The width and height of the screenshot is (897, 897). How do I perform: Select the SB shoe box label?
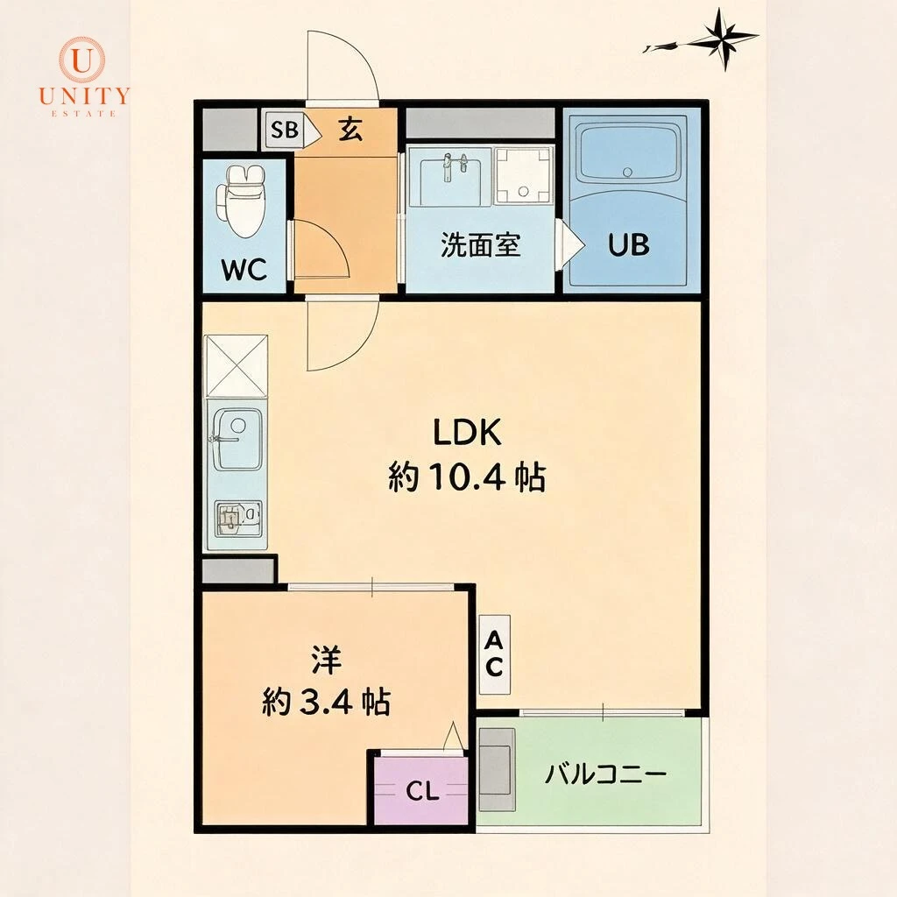click(x=285, y=130)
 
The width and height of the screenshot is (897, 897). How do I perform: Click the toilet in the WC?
click(x=241, y=201)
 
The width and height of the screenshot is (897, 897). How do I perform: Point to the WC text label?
click(x=244, y=269)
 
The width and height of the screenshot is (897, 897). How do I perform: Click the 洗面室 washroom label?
click(x=481, y=245)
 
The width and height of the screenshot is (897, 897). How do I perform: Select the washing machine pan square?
click(x=524, y=175)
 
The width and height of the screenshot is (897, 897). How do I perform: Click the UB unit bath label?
click(x=629, y=245)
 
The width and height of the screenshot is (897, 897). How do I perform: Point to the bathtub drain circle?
click(x=628, y=171)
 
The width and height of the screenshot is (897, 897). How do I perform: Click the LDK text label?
click(x=467, y=432)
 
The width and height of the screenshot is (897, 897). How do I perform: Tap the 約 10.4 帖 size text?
click(x=467, y=477)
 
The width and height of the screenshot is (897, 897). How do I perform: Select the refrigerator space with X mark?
click(x=237, y=366)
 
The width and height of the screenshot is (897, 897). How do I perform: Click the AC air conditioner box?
click(x=494, y=653)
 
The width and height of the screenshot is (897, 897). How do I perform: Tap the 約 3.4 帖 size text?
click(x=326, y=702)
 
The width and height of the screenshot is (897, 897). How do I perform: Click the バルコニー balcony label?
click(x=606, y=774)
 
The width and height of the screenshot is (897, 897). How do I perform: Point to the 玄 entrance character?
click(x=350, y=130)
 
